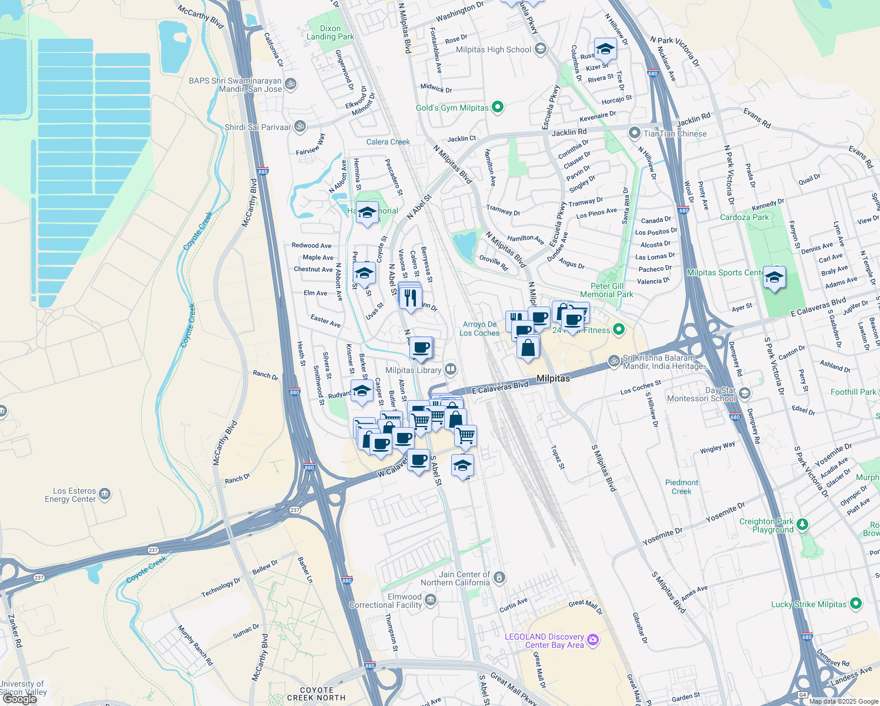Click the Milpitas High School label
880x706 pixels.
(x=493, y=50)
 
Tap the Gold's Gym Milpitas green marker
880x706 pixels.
(x=498, y=107)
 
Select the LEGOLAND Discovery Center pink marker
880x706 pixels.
(x=593, y=640)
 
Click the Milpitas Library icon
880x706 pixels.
(x=451, y=369)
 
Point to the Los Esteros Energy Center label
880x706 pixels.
(x=70, y=495)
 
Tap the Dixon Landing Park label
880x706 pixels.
(x=330, y=32)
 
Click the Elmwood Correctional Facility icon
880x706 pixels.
(x=431, y=600)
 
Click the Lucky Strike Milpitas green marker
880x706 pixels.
(x=856, y=604)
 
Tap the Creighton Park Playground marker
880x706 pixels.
(x=803, y=524)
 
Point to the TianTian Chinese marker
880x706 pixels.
(x=634, y=133)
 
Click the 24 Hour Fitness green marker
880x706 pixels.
(x=618, y=329)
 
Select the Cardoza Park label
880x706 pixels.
(x=744, y=217)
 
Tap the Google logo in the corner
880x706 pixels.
(x=19, y=699)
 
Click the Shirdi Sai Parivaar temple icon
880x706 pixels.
(x=299, y=126)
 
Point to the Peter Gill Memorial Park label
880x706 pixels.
(x=606, y=290)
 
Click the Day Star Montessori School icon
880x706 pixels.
(x=745, y=393)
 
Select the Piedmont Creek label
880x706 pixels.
(x=682, y=487)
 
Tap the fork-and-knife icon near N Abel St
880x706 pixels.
(x=411, y=297)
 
